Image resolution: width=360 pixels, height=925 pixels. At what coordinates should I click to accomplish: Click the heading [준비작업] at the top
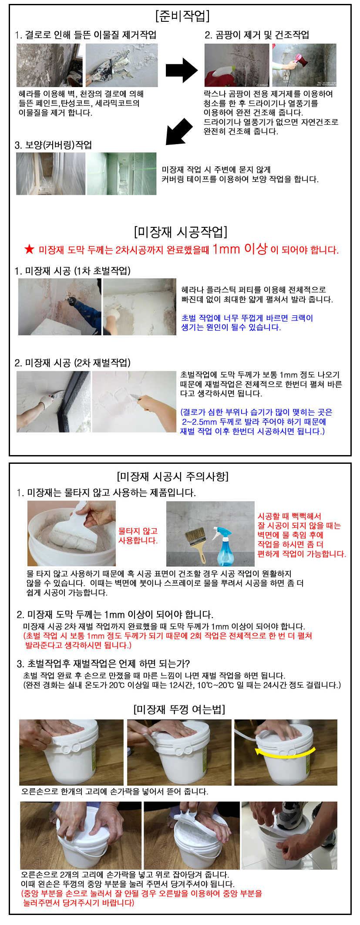[182, 16]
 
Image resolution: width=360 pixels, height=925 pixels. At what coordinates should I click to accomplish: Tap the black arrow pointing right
[182, 70]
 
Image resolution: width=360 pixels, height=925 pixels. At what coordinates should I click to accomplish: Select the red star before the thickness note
[29, 249]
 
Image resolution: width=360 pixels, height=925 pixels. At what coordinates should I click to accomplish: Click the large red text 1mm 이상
[240, 249]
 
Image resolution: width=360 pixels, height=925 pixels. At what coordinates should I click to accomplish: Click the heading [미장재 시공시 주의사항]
[173, 476]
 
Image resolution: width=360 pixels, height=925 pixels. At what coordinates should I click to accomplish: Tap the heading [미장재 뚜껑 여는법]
[179, 709]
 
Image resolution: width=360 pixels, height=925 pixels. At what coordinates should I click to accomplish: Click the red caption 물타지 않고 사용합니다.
[138, 536]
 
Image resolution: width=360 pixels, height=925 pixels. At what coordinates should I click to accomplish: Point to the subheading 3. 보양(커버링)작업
[53, 145]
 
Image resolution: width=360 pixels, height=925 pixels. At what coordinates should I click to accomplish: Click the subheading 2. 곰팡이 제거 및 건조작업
[257, 35]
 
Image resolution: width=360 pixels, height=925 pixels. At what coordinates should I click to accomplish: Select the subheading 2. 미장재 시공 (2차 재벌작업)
[72, 363]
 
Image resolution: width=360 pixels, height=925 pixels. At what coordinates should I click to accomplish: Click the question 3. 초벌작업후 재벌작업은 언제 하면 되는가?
[103, 664]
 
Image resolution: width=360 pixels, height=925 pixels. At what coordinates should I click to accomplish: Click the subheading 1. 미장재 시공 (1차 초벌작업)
[72, 271]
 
